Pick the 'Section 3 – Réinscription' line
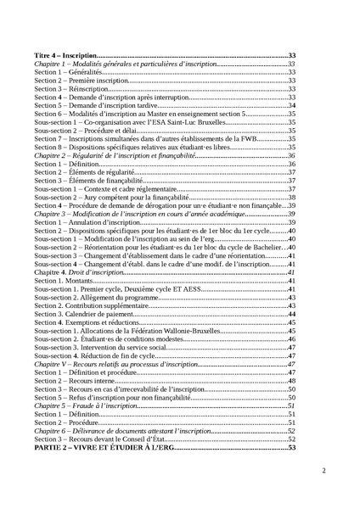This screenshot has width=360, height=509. (71, 88)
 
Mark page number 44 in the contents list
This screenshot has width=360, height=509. (291, 314)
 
